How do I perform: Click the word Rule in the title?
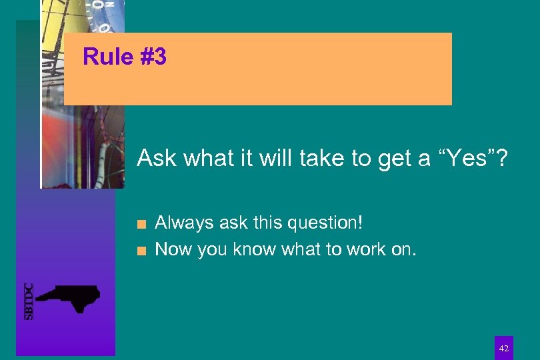108,57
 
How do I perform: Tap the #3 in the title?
153,57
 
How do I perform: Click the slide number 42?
504,349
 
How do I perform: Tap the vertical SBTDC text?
29,301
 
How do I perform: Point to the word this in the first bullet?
268,222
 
